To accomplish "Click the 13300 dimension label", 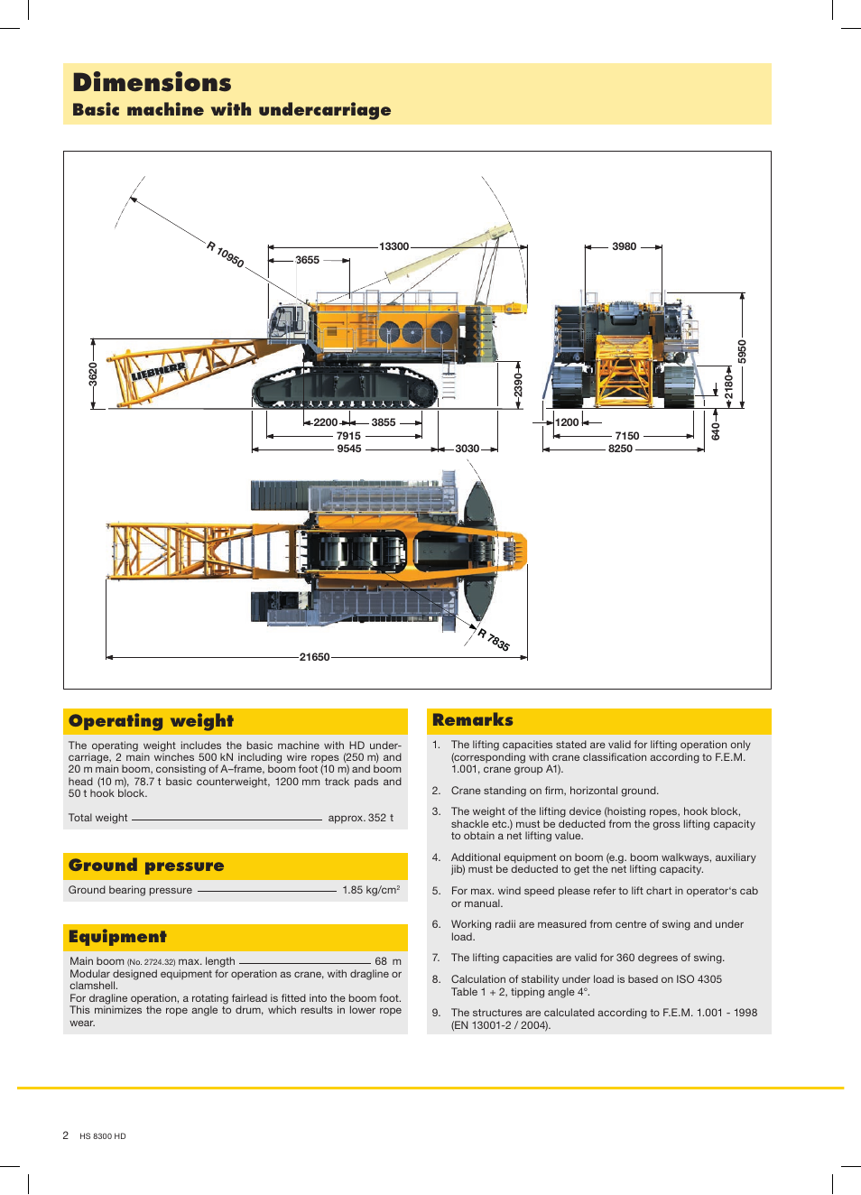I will pyautogui.click(x=393, y=246).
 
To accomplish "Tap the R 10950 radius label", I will pyautogui.click(x=225, y=255).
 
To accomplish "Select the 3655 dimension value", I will pyautogui.click(x=307, y=260).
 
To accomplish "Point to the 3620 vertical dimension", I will pyautogui.click(x=93, y=374).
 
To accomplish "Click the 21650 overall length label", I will pyautogui.click(x=314, y=657).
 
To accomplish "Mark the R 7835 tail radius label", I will pyautogui.click(x=494, y=640).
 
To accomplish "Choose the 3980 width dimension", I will pyautogui.click(x=624, y=246).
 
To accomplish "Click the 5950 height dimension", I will pyautogui.click(x=743, y=351).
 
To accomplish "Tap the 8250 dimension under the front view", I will pyautogui.click(x=620, y=449).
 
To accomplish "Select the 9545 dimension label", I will pyautogui.click(x=348, y=449).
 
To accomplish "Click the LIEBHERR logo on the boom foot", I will pyautogui.click(x=159, y=370).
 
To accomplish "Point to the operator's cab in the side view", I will pyautogui.click(x=288, y=323).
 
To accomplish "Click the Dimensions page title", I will pyautogui.click(x=152, y=83).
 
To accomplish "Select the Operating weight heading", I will pyautogui.click(x=151, y=721).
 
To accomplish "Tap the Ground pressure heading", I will pyautogui.click(x=146, y=866).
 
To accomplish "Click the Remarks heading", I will pyautogui.click(x=472, y=720).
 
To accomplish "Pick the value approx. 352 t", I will pyautogui.click(x=360, y=818).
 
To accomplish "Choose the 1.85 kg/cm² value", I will pyautogui.click(x=370, y=890).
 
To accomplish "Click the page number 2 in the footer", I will pyautogui.click(x=65, y=1135).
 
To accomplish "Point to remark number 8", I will pyautogui.click(x=436, y=979).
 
